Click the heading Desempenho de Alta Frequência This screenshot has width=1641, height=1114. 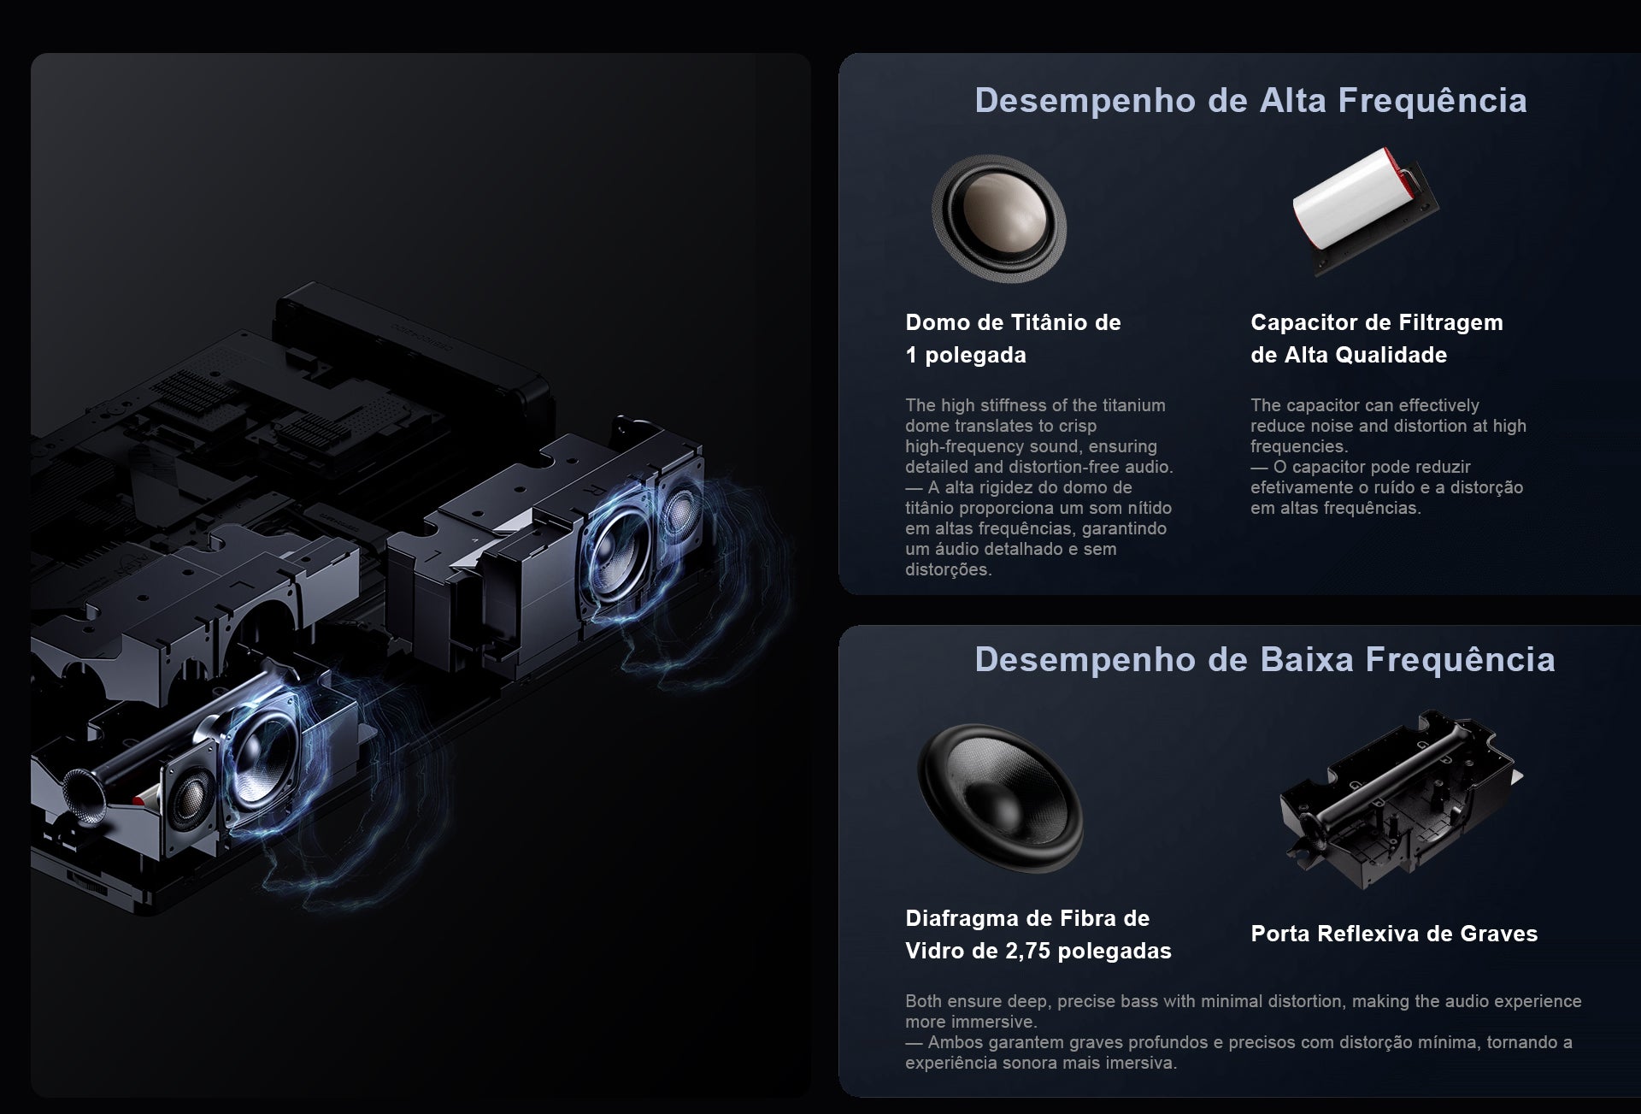coord(1250,101)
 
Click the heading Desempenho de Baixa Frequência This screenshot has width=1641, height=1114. coord(1265,660)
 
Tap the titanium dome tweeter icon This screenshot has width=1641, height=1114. coord(999,218)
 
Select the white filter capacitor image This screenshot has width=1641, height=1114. coord(1365,211)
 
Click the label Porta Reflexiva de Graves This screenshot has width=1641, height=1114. coord(1394,934)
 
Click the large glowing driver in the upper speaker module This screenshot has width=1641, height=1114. coord(619,545)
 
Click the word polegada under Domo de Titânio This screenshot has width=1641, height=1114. coord(976,356)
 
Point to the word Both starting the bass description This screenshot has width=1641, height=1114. coord(923,1001)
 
